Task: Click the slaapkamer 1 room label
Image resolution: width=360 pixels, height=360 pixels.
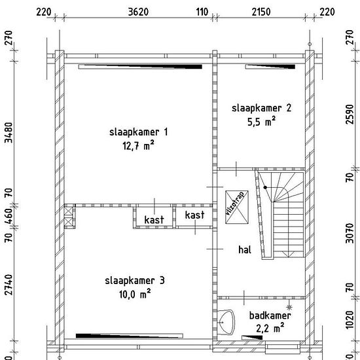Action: [139, 132]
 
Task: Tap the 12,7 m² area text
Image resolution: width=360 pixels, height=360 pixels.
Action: [138, 145]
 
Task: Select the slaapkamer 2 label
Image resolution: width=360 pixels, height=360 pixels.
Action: [262, 108]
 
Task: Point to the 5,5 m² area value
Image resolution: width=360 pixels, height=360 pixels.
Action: [261, 122]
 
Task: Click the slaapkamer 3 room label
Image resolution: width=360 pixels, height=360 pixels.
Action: [135, 281]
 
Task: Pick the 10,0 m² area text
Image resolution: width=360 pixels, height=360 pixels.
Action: [135, 294]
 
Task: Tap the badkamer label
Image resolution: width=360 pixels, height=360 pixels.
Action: [270, 315]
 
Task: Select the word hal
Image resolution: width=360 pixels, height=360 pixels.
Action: [245, 250]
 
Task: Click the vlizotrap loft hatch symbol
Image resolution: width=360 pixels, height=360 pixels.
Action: [237, 207]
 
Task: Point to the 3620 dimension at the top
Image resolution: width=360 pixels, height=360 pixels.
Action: [138, 12]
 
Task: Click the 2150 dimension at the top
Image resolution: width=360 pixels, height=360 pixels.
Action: [261, 12]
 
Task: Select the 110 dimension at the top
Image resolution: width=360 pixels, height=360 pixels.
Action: [202, 12]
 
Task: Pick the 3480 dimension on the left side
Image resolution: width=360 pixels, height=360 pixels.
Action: [9, 132]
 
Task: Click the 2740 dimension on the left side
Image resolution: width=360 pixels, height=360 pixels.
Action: [9, 285]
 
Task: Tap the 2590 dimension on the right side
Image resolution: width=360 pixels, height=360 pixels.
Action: [350, 114]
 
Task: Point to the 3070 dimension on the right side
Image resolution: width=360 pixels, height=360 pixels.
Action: [350, 233]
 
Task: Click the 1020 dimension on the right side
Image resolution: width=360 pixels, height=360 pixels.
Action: [350, 319]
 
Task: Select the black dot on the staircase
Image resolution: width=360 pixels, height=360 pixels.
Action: [265, 187]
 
